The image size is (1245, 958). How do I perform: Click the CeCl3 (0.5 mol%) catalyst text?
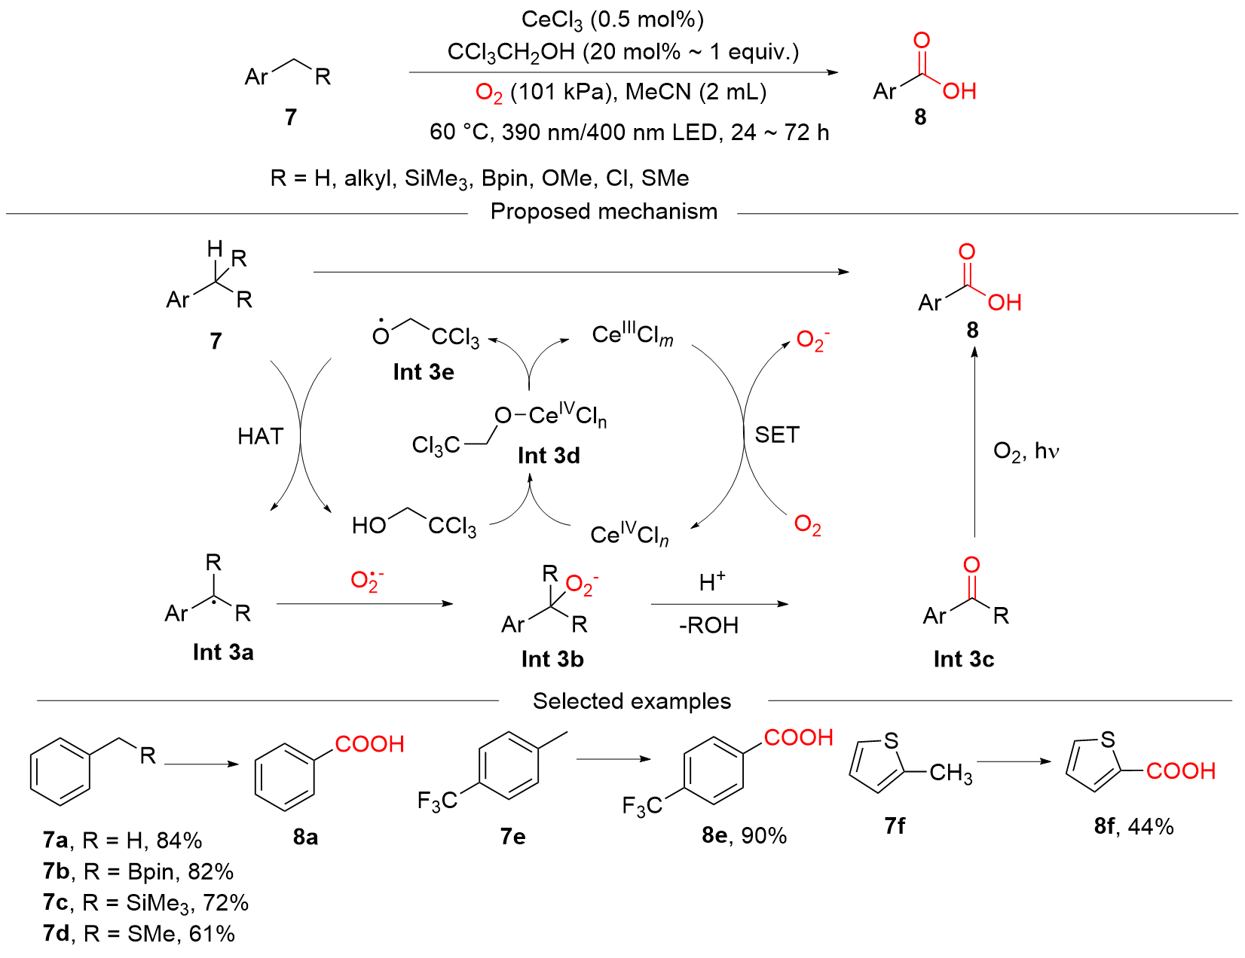click(612, 20)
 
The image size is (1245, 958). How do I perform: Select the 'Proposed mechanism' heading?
click(604, 212)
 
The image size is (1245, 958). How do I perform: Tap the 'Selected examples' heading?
click(632, 701)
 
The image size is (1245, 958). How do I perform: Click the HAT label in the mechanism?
click(261, 437)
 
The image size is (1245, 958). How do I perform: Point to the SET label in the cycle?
click(777, 435)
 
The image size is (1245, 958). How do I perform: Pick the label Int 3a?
click(223, 651)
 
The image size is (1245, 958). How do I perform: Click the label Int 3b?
click(552, 659)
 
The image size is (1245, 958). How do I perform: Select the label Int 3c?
click(964, 659)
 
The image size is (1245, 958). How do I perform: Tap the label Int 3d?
click(549, 456)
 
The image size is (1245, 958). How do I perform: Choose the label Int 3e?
click(424, 372)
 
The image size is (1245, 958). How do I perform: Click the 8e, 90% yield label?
click(745, 835)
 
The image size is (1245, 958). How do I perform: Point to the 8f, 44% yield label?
click(1134, 826)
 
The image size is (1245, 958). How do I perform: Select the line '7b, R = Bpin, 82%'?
click(138, 871)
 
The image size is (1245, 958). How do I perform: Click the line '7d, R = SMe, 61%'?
click(139, 933)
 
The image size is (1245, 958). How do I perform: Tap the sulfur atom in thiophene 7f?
click(891, 741)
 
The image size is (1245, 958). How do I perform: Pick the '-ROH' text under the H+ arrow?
click(708, 626)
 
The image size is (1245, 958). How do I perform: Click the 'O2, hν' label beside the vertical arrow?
click(1026, 452)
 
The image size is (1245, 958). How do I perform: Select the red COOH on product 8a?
click(369, 744)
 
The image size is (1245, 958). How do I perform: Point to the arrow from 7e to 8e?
click(613, 759)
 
